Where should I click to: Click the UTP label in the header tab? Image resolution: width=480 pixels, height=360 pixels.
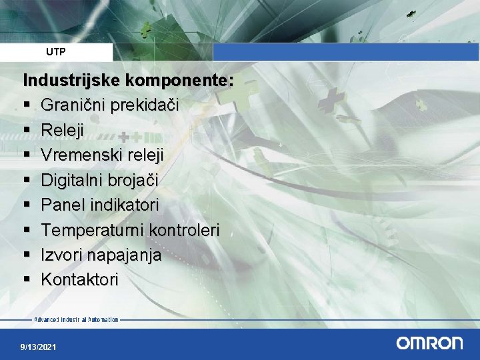tap(56, 51)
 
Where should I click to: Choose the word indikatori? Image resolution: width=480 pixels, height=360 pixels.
tap(123, 205)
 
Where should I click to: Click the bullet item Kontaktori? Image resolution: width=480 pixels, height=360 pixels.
tap(79, 279)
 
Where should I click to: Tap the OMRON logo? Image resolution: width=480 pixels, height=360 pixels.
tap(429, 343)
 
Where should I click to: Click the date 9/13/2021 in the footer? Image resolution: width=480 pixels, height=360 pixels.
tap(39, 347)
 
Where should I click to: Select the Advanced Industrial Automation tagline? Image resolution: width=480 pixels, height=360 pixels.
tap(76, 320)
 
